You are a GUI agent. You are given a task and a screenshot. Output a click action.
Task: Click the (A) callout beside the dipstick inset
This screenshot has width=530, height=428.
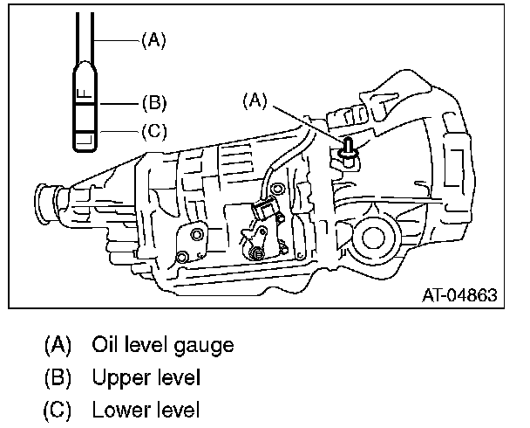click(x=153, y=40)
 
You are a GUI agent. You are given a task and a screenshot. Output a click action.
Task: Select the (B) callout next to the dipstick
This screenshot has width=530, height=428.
click(x=153, y=103)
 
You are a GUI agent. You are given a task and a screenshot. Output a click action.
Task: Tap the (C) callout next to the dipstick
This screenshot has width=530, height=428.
click(x=153, y=132)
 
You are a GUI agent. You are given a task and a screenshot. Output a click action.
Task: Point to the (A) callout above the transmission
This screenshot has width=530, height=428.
click(x=254, y=101)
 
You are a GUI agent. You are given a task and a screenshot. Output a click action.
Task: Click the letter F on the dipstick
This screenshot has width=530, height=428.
click(x=80, y=91)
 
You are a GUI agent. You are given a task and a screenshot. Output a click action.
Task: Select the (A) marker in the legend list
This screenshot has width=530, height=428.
click(x=58, y=345)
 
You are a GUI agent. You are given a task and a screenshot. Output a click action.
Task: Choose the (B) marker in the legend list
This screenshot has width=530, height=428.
click(x=58, y=378)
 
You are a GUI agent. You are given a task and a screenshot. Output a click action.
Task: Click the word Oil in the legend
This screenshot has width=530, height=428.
click(x=105, y=345)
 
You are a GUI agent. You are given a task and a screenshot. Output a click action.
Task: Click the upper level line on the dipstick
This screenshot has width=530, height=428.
click(x=86, y=103)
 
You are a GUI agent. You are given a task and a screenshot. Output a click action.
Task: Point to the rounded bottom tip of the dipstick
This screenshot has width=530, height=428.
click(x=86, y=149)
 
